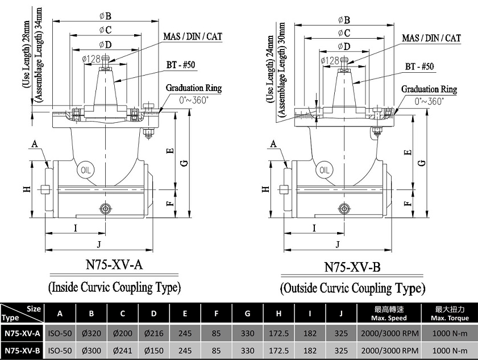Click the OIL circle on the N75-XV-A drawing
pos(86,170)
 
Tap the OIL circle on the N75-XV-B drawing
pos(325,170)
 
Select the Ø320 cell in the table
pos(91,333)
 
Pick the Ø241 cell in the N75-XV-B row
pos(123,350)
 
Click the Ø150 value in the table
pos(153,350)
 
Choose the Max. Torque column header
pos(450,313)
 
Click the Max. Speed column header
pos(389,313)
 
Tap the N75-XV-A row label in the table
pos(22,333)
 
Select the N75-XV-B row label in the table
pos(22,350)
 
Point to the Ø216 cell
pos(153,333)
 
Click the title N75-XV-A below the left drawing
pos(114,264)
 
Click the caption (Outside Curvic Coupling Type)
pos(352,288)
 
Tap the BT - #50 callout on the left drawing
pos(181,65)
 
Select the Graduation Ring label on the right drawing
pos(429,89)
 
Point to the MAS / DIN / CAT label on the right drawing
pos(431,38)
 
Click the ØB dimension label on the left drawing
pos(106,16)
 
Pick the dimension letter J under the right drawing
pos(338,245)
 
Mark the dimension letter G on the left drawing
pos(185,163)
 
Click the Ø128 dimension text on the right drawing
pos(330,60)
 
